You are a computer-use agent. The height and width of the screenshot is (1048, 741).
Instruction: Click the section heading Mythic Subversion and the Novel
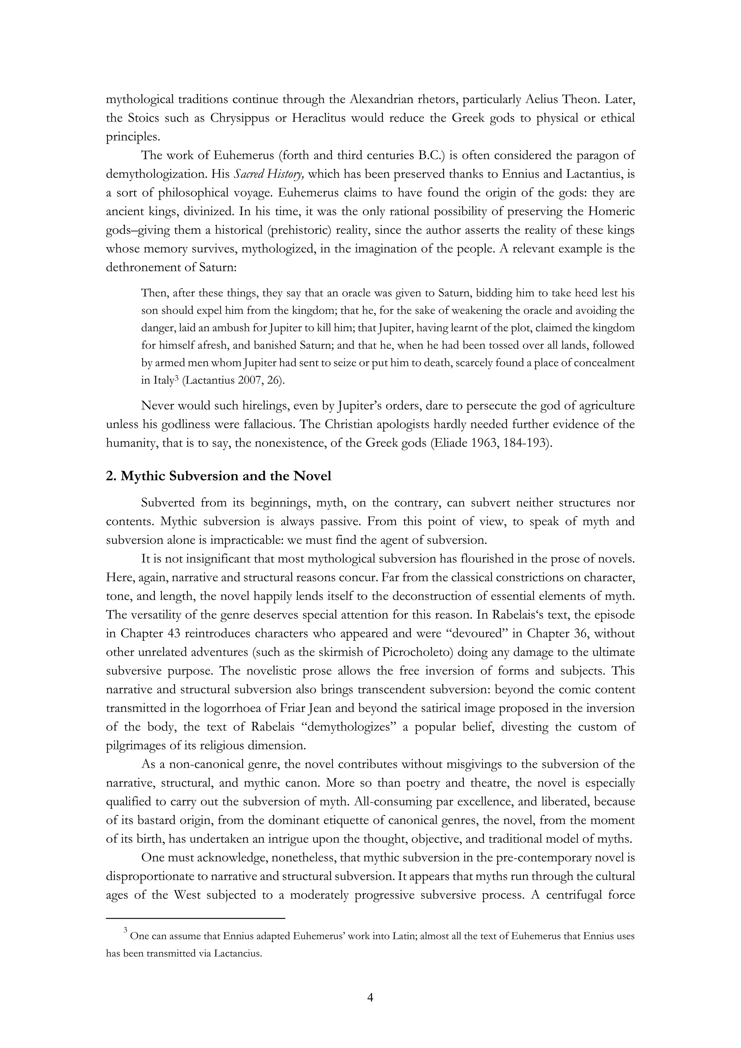(219, 476)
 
